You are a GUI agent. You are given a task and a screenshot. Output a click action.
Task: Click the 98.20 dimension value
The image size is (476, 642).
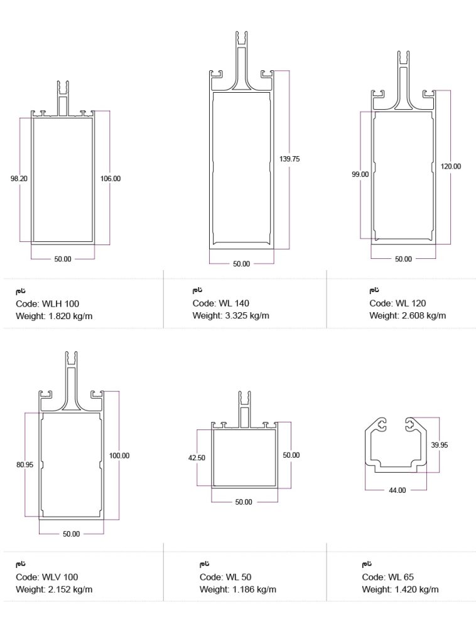[19, 179]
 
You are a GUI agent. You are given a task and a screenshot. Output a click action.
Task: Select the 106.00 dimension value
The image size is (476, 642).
[111, 179]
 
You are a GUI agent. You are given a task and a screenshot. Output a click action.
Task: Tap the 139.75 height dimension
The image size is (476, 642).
[289, 159]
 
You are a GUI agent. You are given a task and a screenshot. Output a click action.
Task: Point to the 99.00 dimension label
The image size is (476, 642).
[360, 175]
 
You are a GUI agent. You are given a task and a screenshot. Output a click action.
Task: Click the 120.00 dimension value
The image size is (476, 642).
[450, 167]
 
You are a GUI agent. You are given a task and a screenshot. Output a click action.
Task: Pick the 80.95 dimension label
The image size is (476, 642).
[25, 465]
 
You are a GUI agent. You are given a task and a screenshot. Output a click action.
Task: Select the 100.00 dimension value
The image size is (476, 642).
[119, 456]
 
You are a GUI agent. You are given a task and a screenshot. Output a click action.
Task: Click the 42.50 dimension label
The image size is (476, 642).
[197, 458]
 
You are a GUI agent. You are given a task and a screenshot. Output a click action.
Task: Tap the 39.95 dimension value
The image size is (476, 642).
[440, 445]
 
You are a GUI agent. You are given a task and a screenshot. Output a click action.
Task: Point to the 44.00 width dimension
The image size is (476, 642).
[398, 490]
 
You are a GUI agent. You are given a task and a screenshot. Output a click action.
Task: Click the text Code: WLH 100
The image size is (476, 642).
[48, 304]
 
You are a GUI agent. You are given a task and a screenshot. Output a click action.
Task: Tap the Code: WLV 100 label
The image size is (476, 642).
[47, 577]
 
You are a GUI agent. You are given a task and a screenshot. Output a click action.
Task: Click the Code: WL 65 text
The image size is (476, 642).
[387, 577]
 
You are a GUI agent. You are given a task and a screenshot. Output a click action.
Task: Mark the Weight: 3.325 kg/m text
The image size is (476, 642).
[230, 315]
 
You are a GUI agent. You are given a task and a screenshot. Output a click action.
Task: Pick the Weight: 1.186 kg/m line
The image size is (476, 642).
[238, 589]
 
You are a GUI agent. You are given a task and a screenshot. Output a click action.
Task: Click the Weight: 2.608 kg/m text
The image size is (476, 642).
[408, 315]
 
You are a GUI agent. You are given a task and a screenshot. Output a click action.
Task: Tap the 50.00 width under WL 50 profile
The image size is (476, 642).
[244, 502]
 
